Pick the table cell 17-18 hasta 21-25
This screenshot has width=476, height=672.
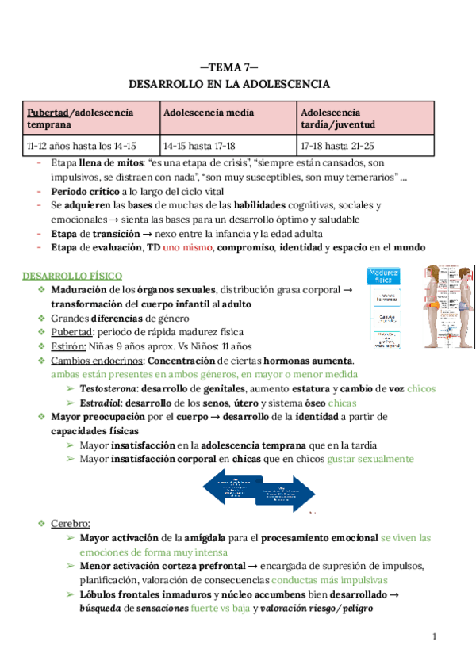coord(337,146)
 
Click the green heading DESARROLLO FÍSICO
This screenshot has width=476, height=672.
coord(72,275)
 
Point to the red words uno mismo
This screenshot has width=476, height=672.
coord(188,247)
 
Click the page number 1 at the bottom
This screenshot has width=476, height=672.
coord(434,636)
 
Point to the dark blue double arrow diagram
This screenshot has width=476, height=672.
coord(258,490)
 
